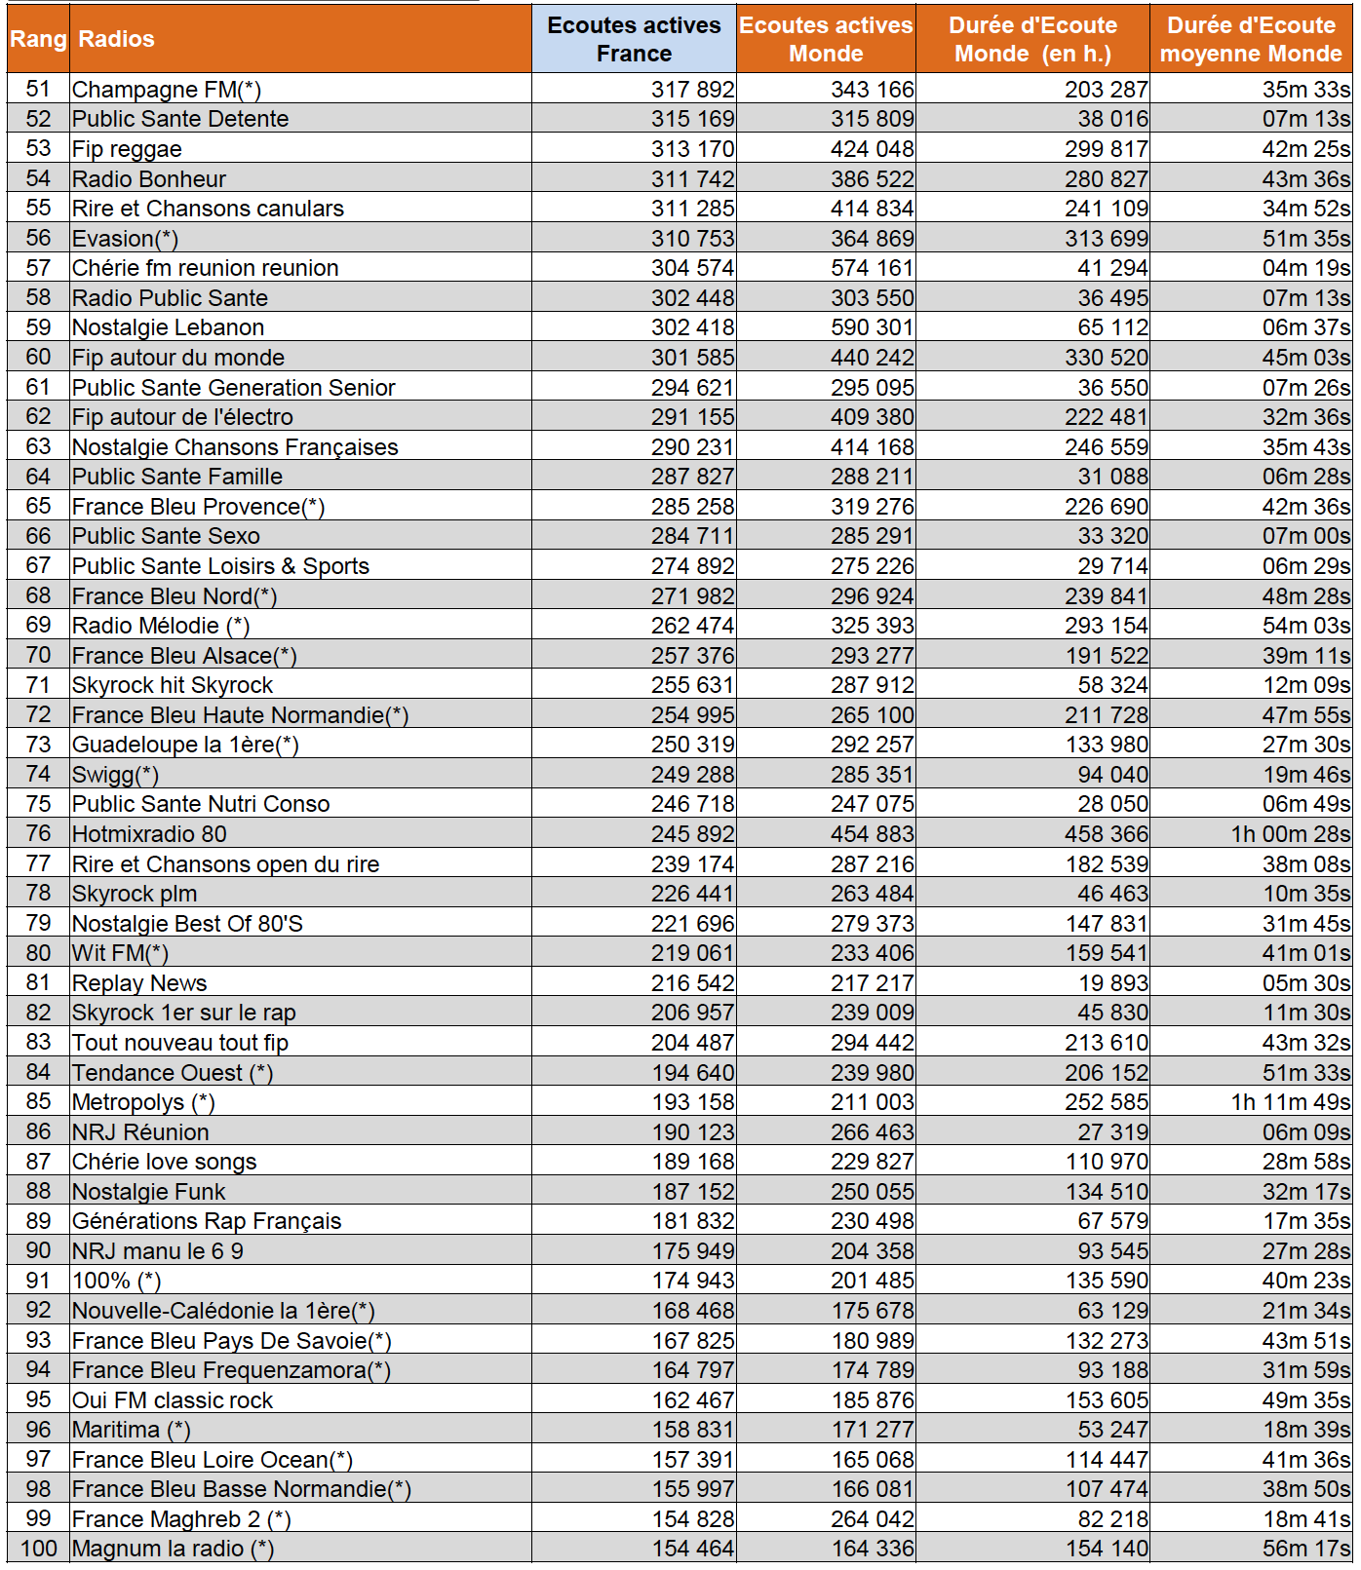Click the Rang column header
point(38,39)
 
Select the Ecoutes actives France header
point(634,39)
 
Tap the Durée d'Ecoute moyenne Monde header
point(1251,39)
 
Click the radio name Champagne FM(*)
point(167,90)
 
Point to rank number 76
point(38,834)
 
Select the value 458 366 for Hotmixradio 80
point(1107,834)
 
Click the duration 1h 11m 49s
point(1291,1102)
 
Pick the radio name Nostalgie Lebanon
point(168,327)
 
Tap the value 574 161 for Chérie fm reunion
point(873,268)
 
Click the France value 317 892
point(693,90)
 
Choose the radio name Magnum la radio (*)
point(173,1549)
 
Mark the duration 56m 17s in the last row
point(1306,1549)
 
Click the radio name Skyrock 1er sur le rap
point(183,1013)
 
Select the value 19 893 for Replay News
point(1113,983)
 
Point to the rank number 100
point(38,1549)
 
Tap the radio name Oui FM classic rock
point(173,1400)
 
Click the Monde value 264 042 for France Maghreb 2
point(873,1519)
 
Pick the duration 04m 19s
point(1306,268)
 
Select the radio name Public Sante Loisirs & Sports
point(220,566)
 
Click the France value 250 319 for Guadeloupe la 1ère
point(693,745)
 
